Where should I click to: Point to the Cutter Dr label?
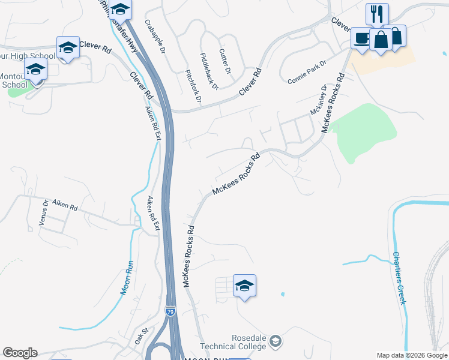coord(225,62)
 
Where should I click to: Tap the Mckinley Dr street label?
coord(318,100)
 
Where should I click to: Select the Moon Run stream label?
coord(127,278)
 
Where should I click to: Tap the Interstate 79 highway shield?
coord(170,311)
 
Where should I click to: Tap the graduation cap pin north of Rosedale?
coord(244,285)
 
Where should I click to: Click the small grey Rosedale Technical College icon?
coord(276,341)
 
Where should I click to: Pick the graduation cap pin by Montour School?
coord(36,70)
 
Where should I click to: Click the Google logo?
coord(20,353)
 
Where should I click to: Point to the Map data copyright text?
coord(412,355)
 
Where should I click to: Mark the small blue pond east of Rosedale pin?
coord(282,294)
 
